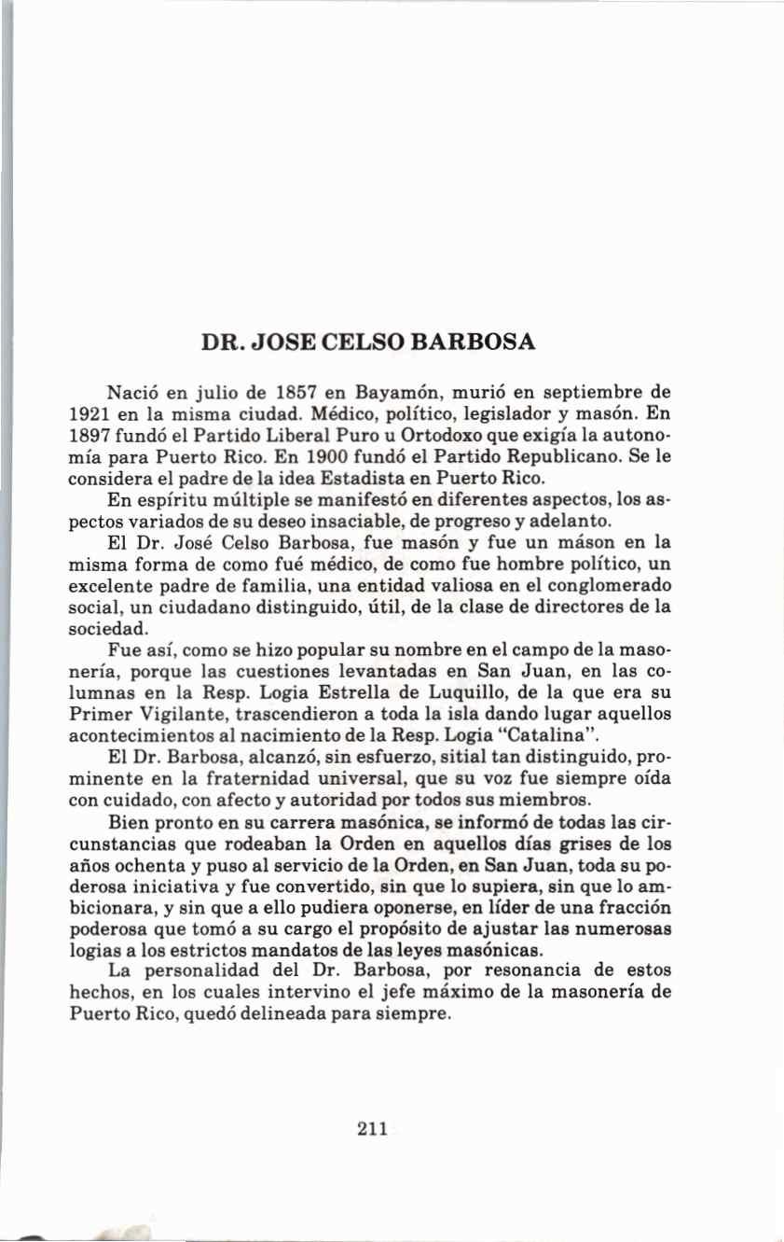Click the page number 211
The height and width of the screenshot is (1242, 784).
(x=372, y=1129)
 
